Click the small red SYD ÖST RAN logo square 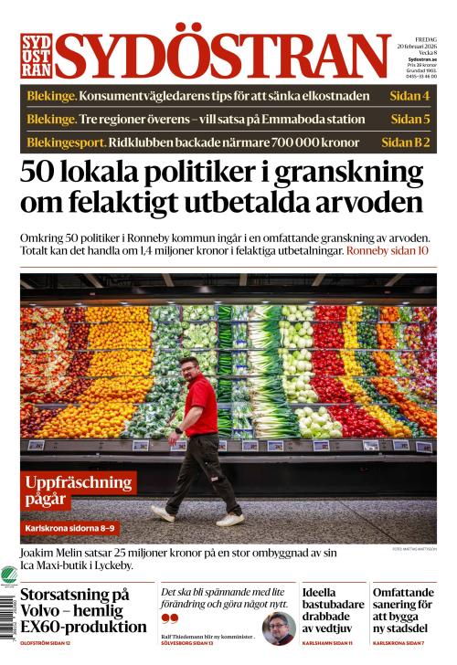pyautogui.click(x=36, y=56)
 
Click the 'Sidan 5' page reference pyautogui.click(x=409, y=119)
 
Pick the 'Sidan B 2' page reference pyautogui.click(x=405, y=142)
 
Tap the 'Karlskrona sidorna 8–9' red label pyautogui.click(x=70, y=528)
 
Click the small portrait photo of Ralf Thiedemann pyautogui.click(x=278, y=628)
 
